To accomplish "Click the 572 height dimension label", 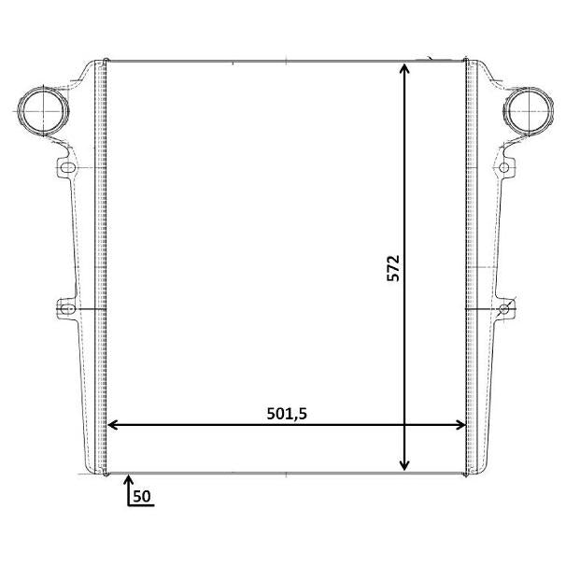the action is [x=393, y=268].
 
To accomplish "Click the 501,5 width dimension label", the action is [x=287, y=414].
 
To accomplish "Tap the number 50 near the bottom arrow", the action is [x=142, y=496].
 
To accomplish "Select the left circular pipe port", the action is [x=43, y=111].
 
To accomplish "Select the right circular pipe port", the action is [x=529, y=111].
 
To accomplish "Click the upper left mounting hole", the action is [x=67, y=167].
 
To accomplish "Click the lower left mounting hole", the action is [x=66, y=309].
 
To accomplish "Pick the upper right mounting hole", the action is [x=503, y=167].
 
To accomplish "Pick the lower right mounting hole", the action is [x=503, y=309].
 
